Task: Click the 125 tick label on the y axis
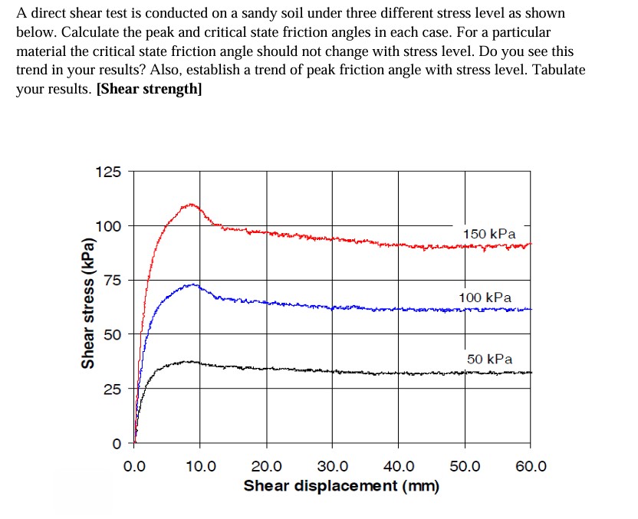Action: (x=107, y=172)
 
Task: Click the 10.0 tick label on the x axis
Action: (x=201, y=466)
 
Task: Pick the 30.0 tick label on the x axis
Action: (x=332, y=466)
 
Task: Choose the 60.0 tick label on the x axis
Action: (x=531, y=466)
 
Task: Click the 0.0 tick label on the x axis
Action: (x=135, y=466)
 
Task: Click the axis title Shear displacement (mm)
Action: (x=341, y=486)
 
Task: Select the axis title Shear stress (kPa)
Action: (x=89, y=303)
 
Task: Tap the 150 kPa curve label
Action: (x=489, y=233)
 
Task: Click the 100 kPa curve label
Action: (x=485, y=297)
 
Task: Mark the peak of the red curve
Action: (x=189, y=205)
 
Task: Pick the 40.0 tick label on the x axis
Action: (x=398, y=466)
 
